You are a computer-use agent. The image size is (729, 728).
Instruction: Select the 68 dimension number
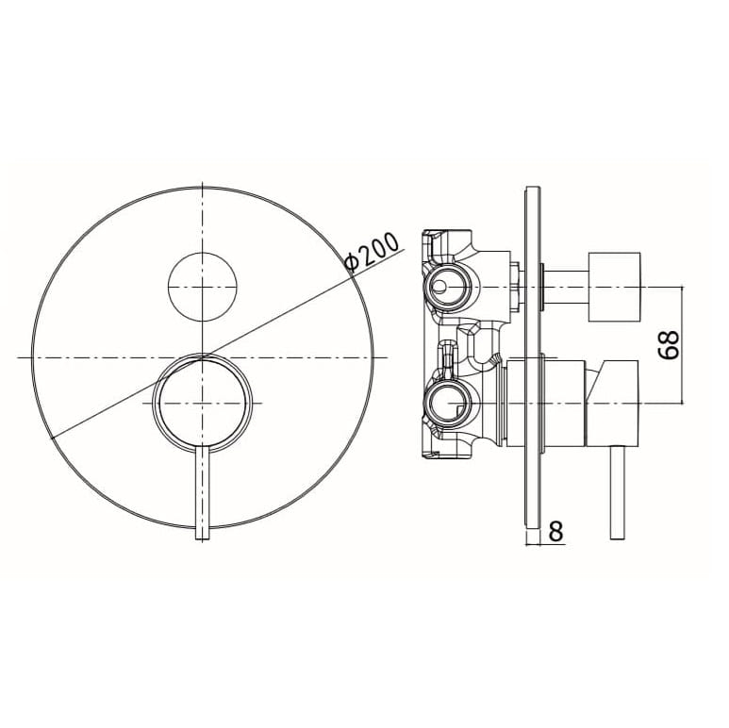coord(669,344)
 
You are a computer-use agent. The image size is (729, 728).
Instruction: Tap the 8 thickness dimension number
coord(555,530)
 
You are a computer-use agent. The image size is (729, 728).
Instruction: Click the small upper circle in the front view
coord(203,287)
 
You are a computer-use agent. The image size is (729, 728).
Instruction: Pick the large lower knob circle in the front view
coord(203,402)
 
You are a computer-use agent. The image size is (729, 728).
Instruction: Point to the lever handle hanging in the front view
coord(203,494)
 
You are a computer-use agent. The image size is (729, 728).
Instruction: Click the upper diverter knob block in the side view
coord(614,287)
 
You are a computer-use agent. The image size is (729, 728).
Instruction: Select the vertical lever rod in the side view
coord(617,492)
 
